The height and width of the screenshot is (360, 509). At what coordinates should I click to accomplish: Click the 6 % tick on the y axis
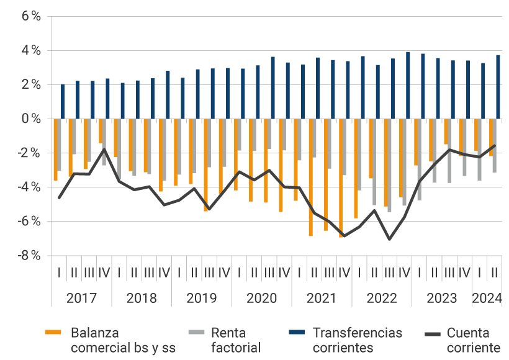pyautogui.click(x=30, y=17)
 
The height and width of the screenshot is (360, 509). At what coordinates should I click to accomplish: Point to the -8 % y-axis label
pyautogui.click(x=29, y=255)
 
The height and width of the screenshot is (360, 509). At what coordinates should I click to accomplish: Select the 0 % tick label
pyautogui.click(x=30, y=119)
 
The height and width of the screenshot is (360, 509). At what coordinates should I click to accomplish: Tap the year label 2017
pyautogui.click(x=81, y=298)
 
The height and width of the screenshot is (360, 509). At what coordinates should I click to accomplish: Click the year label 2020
pyautogui.click(x=262, y=298)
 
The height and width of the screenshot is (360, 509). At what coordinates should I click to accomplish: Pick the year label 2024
pyautogui.click(x=487, y=298)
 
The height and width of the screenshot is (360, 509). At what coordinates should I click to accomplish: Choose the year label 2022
pyautogui.click(x=382, y=298)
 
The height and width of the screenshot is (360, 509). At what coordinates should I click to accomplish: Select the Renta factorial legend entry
pyautogui.click(x=235, y=340)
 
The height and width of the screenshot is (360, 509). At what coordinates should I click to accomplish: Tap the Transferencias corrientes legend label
pyautogui.click(x=357, y=340)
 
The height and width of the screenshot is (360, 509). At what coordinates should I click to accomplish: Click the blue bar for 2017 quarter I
pyautogui.click(x=63, y=101)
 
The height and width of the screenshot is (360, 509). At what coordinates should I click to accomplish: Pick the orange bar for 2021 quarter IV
pyautogui.click(x=341, y=178)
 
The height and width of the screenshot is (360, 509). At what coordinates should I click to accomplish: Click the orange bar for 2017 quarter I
pyautogui.click(x=55, y=149)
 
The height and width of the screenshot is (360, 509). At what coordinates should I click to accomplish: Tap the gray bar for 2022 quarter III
pyautogui.click(x=390, y=165)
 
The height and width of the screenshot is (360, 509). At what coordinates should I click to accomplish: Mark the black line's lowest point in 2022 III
pyautogui.click(x=389, y=239)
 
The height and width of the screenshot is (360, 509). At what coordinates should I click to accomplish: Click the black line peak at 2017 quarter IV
pyautogui.click(x=104, y=149)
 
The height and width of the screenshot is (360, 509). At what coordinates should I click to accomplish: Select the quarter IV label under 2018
pyautogui.click(x=164, y=272)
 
